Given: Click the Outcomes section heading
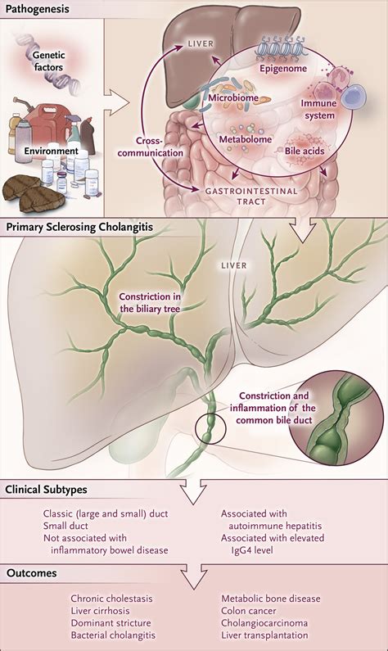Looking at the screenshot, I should (31, 573).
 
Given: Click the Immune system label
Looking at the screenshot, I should (318, 109).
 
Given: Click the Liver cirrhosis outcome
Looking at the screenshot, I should (102, 610).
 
